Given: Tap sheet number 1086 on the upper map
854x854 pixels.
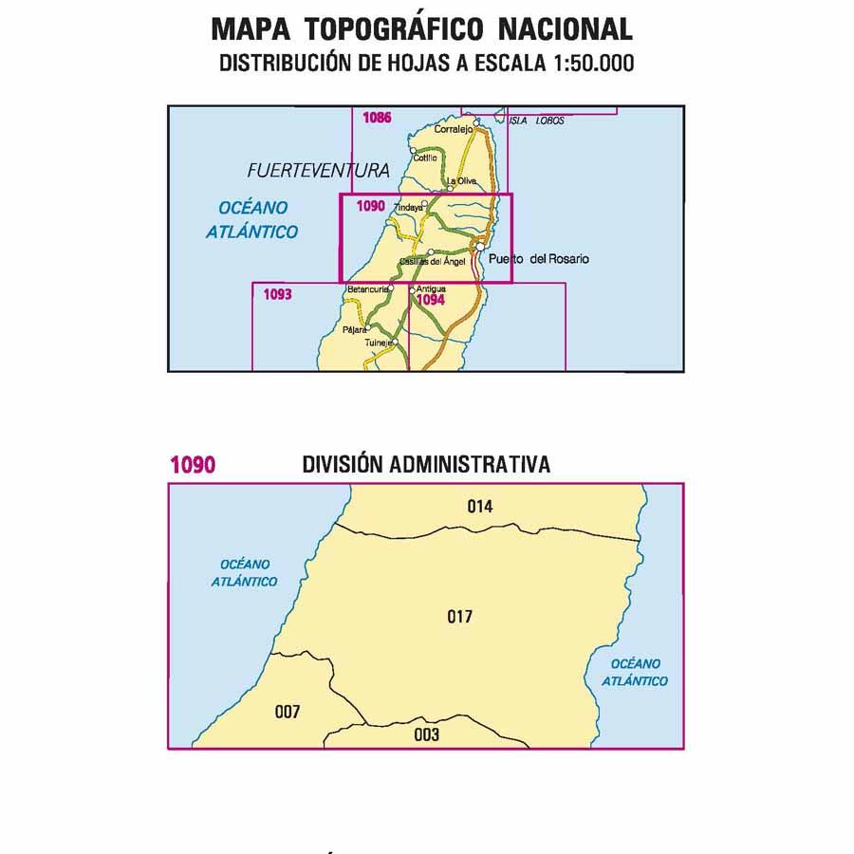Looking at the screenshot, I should coord(377,119).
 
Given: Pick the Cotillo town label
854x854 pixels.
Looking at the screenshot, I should coord(424,158).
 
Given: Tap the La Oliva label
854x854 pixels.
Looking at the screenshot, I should coord(459,181).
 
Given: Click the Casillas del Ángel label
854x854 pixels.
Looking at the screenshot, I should coord(432,262).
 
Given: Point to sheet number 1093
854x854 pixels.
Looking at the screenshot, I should coord(277,294).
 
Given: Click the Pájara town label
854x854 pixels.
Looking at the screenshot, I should coord(353,330).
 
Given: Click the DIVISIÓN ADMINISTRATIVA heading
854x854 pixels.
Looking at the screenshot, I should coord(426,464).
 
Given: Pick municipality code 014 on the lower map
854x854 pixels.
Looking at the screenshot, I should coord(480,507).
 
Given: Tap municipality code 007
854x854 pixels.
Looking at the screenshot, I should coord(287,712).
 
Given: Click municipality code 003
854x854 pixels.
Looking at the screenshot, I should coord(427,734).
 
